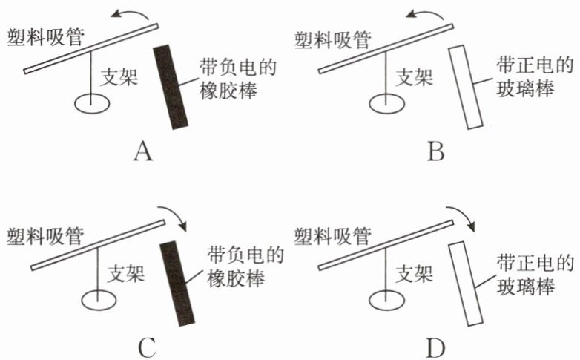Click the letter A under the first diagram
click(143, 152)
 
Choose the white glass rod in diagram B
click(467, 86)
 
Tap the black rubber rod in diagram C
click(178, 283)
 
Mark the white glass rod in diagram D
click(467, 283)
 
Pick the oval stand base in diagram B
click(385, 102)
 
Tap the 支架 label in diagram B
click(415, 76)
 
